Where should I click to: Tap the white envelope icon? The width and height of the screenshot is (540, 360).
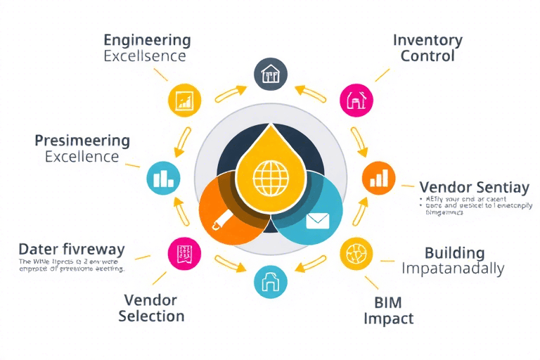[x=318, y=221]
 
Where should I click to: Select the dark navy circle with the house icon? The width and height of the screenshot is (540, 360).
[x=270, y=74]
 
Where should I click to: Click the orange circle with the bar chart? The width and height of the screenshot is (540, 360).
[x=378, y=178]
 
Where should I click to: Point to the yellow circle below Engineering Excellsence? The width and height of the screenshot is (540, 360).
[x=185, y=100]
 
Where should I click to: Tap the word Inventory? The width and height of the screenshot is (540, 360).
[x=427, y=39]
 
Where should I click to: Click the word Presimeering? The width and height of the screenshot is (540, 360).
[x=82, y=140]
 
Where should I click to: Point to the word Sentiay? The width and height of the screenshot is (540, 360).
[x=502, y=188]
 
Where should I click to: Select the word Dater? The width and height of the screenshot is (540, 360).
[x=38, y=250]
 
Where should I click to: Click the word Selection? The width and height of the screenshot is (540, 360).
[x=151, y=316]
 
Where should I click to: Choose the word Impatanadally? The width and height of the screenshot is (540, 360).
[x=453, y=269]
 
